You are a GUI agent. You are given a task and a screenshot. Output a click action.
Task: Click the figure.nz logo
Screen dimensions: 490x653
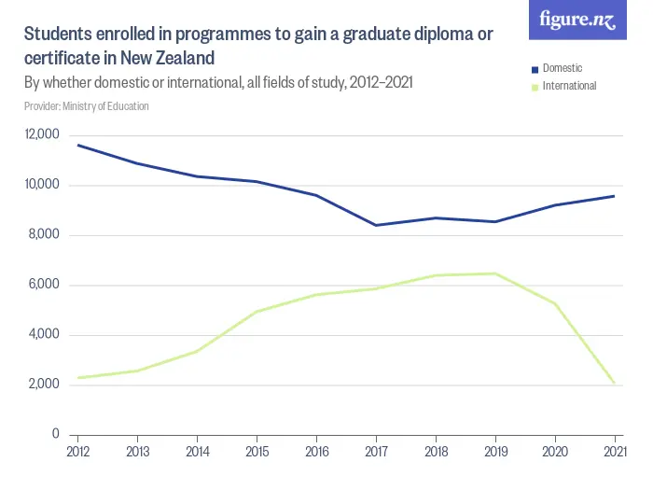tap(578, 20)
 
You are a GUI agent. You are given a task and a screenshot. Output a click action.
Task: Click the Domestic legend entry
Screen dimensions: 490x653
tap(562, 69)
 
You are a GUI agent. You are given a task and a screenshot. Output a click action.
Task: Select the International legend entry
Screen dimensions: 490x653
tap(568, 86)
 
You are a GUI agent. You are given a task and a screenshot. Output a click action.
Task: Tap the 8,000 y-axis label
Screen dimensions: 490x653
tap(43, 235)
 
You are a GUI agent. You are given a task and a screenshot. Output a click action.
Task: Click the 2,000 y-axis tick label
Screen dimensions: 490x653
tap(43, 385)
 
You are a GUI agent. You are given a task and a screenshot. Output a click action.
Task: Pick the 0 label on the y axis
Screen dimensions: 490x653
tap(55, 435)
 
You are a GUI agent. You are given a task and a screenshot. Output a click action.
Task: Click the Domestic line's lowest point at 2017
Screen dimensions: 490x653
tap(376, 225)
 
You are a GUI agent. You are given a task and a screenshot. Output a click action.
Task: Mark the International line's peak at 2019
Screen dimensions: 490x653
tap(495, 273)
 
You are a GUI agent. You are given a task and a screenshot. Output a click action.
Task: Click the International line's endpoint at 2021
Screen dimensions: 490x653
tap(615, 383)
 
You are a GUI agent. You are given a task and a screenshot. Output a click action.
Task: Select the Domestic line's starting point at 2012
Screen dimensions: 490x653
tap(77, 145)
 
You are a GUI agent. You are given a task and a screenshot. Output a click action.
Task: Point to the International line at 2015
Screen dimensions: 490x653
tap(257, 311)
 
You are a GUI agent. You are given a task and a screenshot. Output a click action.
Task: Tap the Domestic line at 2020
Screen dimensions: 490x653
tap(555, 205)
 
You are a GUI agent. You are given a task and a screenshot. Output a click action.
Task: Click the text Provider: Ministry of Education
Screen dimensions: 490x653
tap(87, 106)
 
